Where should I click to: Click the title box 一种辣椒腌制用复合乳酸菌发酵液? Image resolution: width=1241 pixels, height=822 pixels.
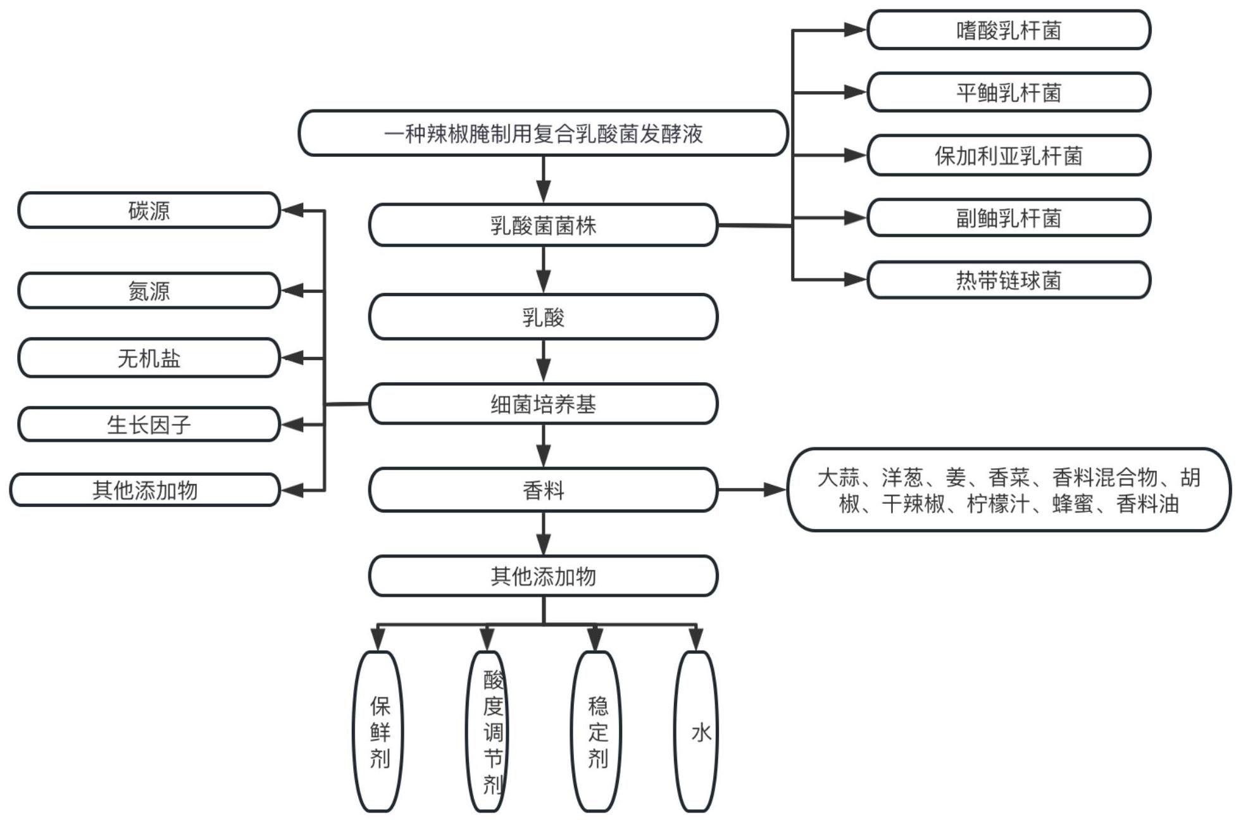(543, 134)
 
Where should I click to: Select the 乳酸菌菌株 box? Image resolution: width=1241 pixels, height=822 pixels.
(543, 225)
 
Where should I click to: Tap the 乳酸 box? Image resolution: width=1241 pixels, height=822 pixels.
(543, 316)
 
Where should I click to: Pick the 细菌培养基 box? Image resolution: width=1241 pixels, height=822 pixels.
(543, 404)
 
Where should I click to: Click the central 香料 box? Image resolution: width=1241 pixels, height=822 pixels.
(543, 490)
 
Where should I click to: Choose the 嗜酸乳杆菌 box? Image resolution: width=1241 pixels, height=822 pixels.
(1008, 30)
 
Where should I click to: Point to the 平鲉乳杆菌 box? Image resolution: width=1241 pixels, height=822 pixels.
(1008, 92)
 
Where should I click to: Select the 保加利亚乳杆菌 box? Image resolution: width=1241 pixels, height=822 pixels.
(1008, 155)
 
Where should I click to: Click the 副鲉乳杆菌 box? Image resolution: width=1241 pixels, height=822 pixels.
(1008, 218)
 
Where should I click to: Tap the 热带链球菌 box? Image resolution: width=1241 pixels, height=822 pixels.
(1008, 280)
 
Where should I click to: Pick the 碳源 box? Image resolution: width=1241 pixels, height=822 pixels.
(149, 210)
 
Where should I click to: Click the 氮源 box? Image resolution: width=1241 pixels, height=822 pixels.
(149, 290)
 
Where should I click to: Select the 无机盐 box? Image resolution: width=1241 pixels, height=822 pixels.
(149, 358)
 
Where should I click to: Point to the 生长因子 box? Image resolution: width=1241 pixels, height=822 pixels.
(149, 424)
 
